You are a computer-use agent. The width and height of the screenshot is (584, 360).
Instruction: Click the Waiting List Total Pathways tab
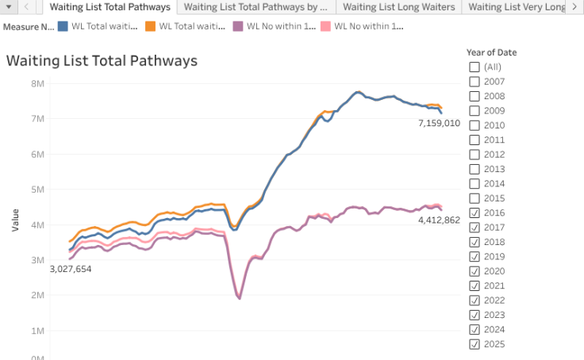click(109, 7)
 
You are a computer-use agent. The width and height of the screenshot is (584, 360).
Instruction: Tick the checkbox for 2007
click(474, 82)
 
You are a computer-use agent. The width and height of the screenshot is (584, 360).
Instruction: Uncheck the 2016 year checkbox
click(474, 213)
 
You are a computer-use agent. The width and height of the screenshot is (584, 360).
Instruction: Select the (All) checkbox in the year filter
click(474, 67)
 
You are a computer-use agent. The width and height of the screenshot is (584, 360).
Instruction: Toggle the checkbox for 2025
click(474, 343)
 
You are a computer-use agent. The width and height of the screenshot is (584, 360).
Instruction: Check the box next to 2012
click(474, 155)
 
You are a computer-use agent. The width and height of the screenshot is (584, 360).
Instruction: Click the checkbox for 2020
click(474, 271)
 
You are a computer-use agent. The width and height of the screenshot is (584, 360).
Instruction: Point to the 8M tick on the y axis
click(37, 83)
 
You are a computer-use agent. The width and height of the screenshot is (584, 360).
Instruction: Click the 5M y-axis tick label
click(37, 190)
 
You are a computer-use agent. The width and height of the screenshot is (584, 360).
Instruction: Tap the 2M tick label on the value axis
click(37, 295)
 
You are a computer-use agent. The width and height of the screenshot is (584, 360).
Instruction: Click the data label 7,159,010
click(439, 124)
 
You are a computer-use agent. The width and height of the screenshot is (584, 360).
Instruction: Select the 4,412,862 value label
click(439, 220)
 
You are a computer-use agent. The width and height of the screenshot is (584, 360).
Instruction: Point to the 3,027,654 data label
click(71, 270)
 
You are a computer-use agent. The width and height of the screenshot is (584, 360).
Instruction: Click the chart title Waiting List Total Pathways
click(102, 61)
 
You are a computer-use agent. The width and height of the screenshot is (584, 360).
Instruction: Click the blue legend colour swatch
click(63, 25)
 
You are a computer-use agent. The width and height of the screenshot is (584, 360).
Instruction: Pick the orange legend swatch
click(150, 25)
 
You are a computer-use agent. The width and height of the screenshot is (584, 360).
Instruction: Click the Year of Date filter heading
click(491, 52)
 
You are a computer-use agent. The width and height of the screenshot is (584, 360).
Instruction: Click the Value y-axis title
click(15, 220)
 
